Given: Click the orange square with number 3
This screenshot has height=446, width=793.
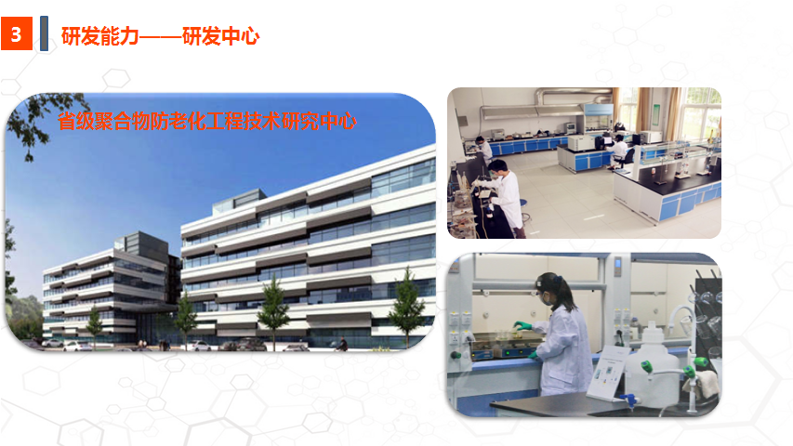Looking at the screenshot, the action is (17, 33).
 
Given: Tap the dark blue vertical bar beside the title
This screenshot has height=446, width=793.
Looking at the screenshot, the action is (44, 33).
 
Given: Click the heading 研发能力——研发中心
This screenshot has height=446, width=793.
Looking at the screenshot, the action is (160, 36).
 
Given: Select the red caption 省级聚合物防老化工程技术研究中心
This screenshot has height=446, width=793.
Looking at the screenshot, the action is (206, 122).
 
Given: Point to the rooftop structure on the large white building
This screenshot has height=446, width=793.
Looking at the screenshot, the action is (239, 201).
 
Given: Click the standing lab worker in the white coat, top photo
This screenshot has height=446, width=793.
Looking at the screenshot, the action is (505, 198).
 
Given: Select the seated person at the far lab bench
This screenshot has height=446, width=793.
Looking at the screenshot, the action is (619, 151).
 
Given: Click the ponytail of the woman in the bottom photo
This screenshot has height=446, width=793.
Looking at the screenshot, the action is (566, 293).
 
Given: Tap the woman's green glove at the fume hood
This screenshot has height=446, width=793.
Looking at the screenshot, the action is (522, 326).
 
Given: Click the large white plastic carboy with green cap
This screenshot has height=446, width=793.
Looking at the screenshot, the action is (654, 366).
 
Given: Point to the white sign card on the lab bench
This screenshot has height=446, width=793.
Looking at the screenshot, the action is (609, 373).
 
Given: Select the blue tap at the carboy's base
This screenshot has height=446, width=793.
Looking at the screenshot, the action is (628, 400).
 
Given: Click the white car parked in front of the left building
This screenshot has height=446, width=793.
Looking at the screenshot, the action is (76, 347).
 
